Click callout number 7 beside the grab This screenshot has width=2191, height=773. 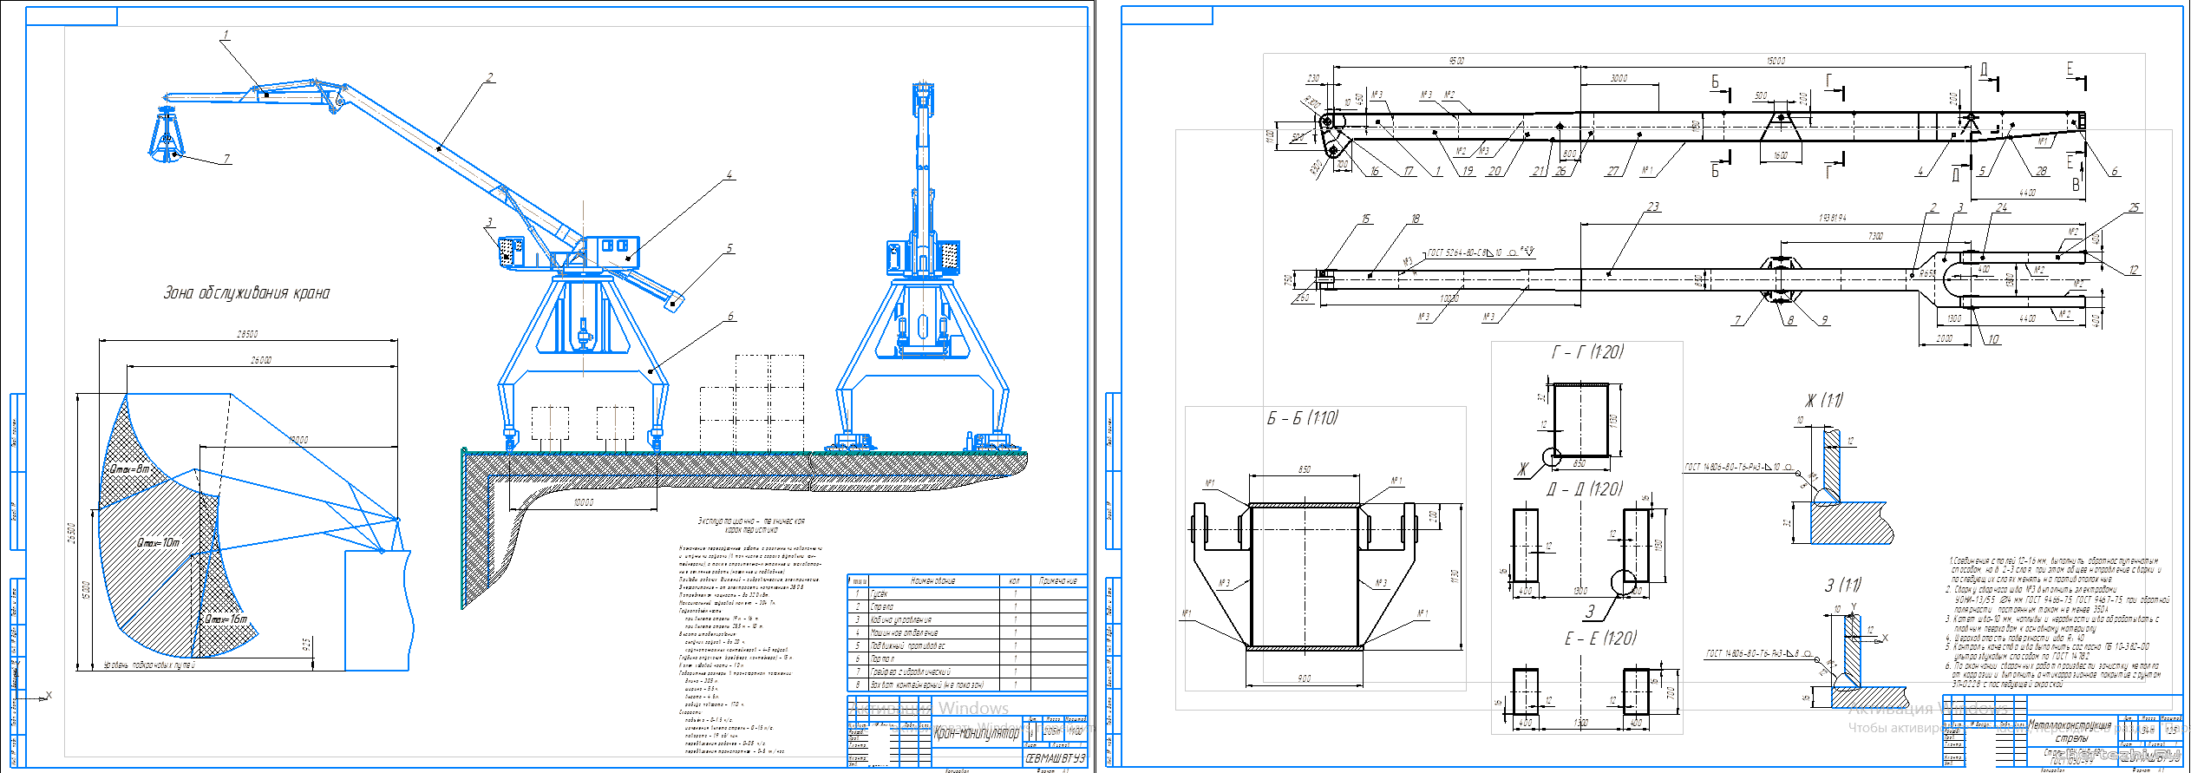pos(226,159)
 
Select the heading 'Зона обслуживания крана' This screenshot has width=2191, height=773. pos(246,293)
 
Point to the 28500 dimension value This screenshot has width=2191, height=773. pos(247,334)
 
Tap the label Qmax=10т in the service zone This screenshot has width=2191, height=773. pos(159,542)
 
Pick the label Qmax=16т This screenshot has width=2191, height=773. pos(226,619)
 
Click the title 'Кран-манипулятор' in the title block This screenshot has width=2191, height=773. pos(976,733)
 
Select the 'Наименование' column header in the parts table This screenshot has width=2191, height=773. pos(932,580)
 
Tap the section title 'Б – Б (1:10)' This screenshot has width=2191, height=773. pos(1302,418)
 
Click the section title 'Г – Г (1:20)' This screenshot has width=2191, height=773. pos(1587,352)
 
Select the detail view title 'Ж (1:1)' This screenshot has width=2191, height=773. pos(1823,401)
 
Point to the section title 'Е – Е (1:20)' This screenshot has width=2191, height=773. pos(1600,639)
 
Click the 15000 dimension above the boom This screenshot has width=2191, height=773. pos(1776,61)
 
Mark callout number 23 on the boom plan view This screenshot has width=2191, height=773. pos(1652,206)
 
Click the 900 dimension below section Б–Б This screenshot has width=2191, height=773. pos(1304,678)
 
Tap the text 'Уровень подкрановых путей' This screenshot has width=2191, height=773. pos(149,665)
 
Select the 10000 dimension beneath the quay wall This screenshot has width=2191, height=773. pos(584,502)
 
